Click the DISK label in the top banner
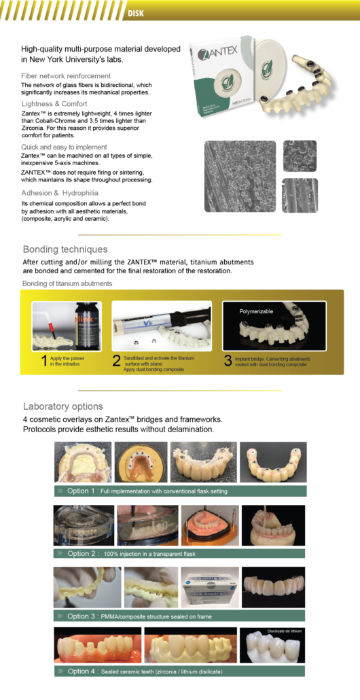(135, 12)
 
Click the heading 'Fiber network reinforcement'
(66, 75)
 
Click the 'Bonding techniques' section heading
(65, 249)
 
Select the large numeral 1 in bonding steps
(44, 360)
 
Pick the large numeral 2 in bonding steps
(116, 360)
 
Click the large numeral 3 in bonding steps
(228, 360)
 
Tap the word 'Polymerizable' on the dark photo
(256, 311)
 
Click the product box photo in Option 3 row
(209, 586)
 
